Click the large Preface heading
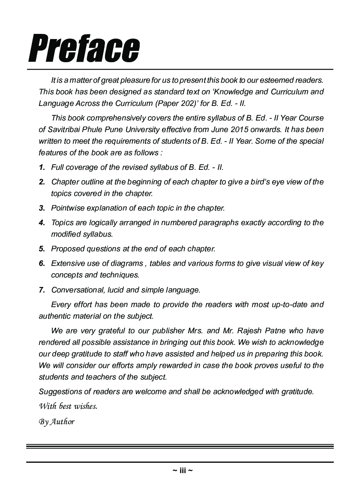[x=84, y=48]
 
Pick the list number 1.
[x=42, y=167]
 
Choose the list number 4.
[x=42, y=223]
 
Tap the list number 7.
[x=42, y=290]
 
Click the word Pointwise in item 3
[x=67, y=208]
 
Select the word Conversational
[x=78, y=290]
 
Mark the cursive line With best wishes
[x=68, y=406]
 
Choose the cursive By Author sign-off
[x=57, y=422]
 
